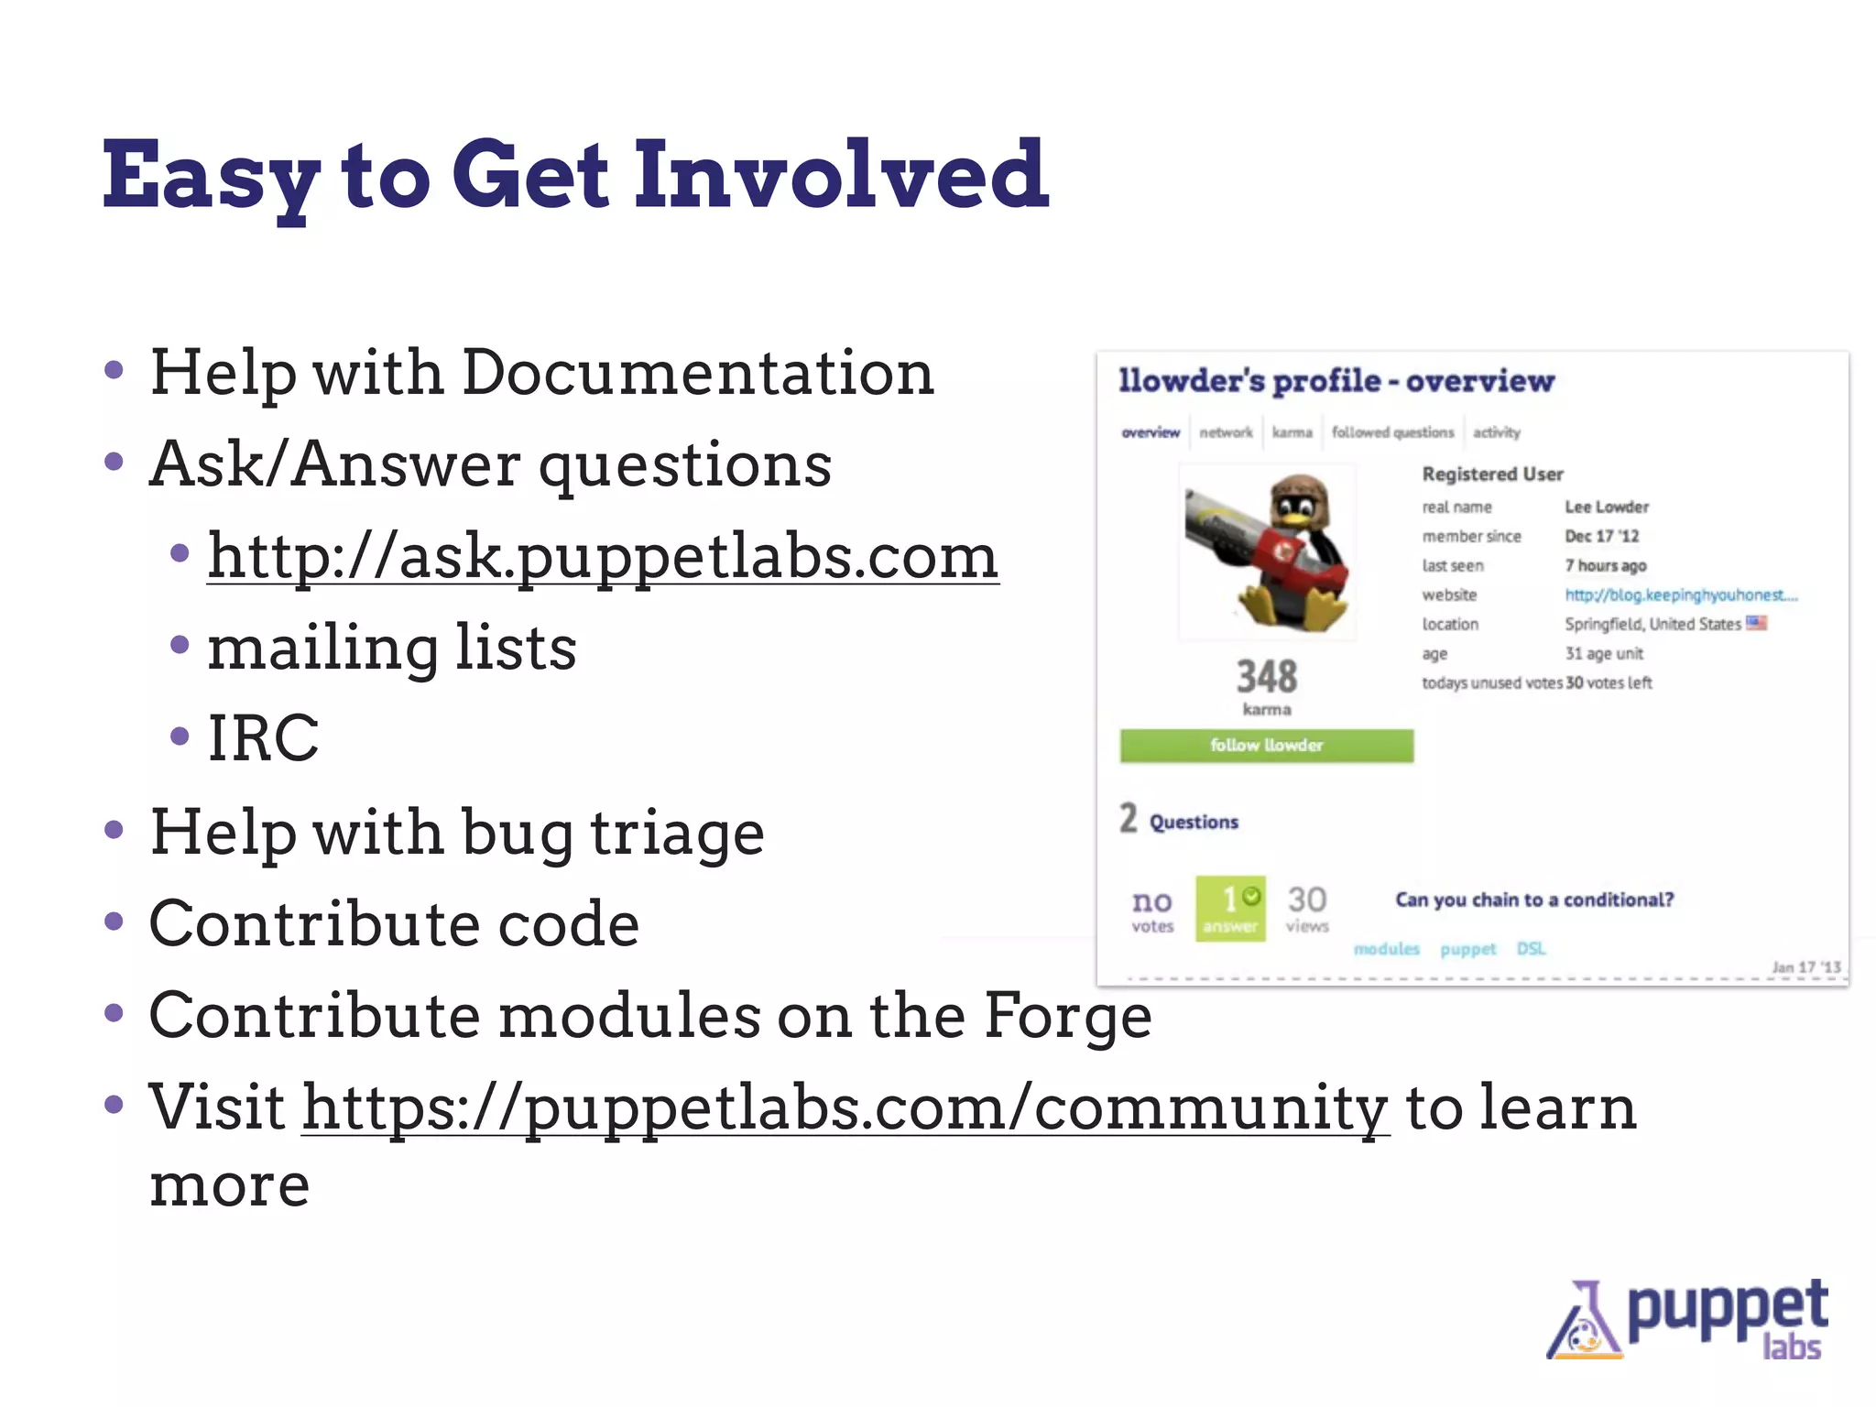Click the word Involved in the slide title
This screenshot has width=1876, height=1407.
(x=841, y=174)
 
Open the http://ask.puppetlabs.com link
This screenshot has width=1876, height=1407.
(x=603, y=556)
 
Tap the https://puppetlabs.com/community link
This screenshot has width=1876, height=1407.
(x=845, y=1107)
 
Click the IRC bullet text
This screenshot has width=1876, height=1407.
(x=264, y=737)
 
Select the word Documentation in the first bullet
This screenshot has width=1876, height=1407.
(x=697, y=373)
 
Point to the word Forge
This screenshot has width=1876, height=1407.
(x=1067, y=1016)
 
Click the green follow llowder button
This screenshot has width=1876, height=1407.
(x=1266, y=746)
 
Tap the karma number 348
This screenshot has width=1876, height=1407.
(x=1267, y=677)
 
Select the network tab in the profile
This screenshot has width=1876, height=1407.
(x=1226, y=432)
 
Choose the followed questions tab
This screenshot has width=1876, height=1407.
(x=1392, y=432)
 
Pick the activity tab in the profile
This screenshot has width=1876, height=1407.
(x=1496, y=432)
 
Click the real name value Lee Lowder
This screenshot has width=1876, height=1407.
(x=1607, y=507)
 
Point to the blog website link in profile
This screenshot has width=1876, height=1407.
(x=1681, y=595)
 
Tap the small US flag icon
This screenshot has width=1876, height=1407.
(x=1756, y=623)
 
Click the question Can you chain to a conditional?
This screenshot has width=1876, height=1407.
(x=1534, y=900)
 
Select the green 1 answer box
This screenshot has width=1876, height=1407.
(x=1230, y=908)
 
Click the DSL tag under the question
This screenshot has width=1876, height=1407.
(x=1531, y=949)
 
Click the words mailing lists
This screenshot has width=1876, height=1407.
(x=392, y=648)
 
